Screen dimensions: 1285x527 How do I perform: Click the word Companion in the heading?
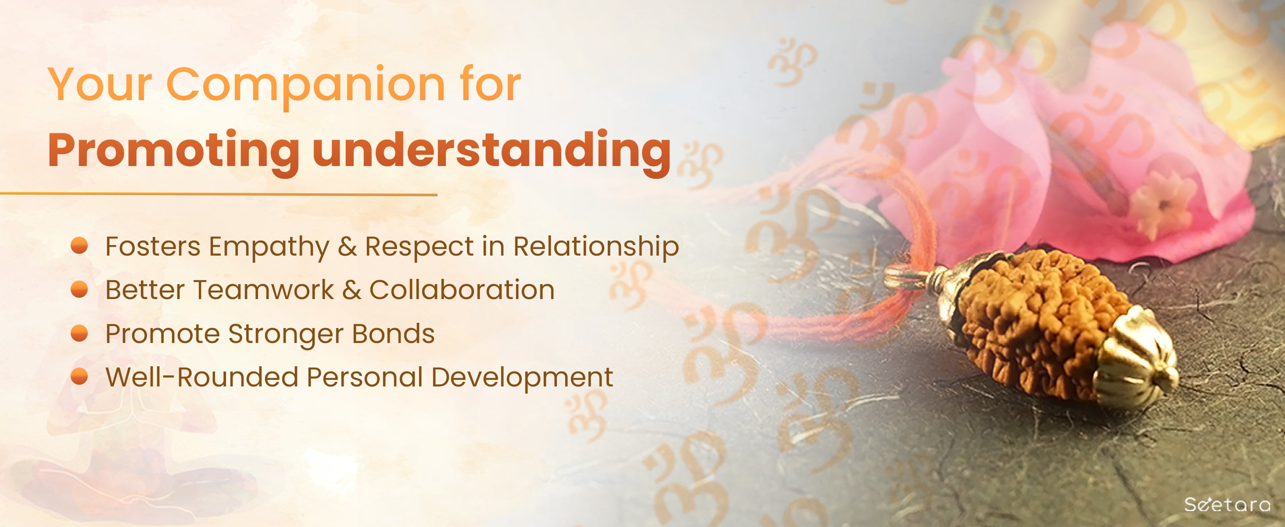[305, 85]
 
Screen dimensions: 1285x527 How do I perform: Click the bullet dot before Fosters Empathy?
[79, 246]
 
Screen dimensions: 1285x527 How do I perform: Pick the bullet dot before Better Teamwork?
[79, 289]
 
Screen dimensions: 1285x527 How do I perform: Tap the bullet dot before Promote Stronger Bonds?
[79, 333]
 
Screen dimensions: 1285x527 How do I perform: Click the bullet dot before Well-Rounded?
[79, 376]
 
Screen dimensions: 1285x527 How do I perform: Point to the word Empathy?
[269, 248]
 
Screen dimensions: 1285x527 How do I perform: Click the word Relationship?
[596, 248]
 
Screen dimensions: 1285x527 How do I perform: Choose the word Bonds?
[394, 333]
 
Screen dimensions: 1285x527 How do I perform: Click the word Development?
[522, 378]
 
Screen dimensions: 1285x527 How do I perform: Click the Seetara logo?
[1227, 504]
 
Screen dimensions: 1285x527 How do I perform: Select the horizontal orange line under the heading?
[219, 194]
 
